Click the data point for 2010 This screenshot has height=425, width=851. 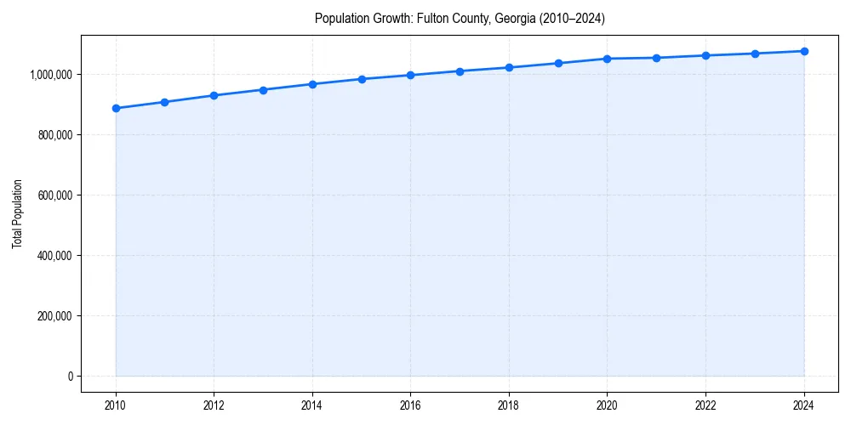[x=116, y=108]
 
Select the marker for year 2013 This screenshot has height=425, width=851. [x=263, y=90]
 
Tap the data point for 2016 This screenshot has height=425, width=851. [x=410, y=75]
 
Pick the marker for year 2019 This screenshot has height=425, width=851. [x=558, y=63]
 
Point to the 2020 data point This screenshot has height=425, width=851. [x=608, y=59]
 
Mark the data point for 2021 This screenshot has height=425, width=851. [x=656, y=58]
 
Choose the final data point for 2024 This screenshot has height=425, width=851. [x=804, y=51]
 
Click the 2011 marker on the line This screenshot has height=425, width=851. [x=164, y=102]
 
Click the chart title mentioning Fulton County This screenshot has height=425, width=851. [x=460, y=18]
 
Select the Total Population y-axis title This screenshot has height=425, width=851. [x=17, y=213]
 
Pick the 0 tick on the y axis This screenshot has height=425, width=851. [x=70, y=377]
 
